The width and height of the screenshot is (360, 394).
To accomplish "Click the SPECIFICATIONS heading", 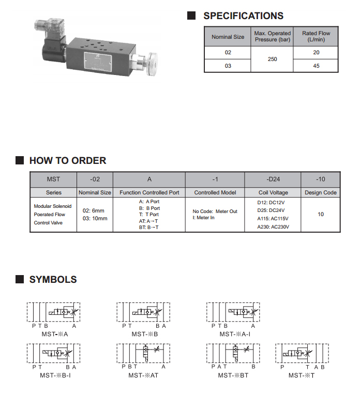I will (x=243, y=16).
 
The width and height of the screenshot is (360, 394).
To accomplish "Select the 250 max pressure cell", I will (x=272, y=59).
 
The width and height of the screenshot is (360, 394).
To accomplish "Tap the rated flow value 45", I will (x=316, y=66).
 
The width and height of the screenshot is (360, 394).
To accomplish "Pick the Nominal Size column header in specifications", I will (x=228, y=37).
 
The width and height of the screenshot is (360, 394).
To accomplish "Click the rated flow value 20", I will (x=316, y=52).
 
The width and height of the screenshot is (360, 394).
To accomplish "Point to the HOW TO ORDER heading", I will (x=67, y=161).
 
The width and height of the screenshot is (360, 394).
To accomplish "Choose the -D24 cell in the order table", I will (x=273, y=179).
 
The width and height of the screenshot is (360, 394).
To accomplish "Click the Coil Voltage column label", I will (x=273, y=192).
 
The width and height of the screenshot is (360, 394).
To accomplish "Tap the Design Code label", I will (x=320, y=192).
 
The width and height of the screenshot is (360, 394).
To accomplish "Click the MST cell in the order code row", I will (x=53, y=179).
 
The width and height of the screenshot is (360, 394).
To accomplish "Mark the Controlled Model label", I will (x=215, y=192).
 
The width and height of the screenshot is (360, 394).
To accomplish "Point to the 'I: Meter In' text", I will (x=204, y=218).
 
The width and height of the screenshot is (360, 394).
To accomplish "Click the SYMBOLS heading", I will (x=53, y=280).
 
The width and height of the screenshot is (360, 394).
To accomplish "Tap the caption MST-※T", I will (x=301, y=375).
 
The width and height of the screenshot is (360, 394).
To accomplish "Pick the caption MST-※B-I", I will (x=55, y=375).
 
